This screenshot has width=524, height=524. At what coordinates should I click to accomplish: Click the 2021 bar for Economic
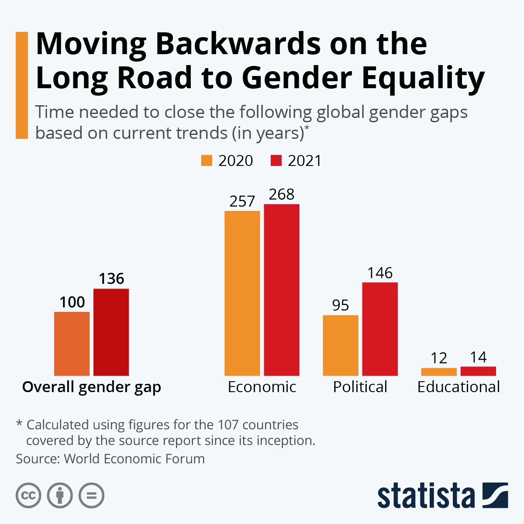282,290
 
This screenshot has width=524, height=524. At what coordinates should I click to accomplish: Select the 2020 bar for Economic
242,293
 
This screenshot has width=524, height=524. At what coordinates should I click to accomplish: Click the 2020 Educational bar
439,372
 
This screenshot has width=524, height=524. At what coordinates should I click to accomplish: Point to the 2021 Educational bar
478,371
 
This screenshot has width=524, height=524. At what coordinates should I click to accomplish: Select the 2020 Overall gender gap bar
72,344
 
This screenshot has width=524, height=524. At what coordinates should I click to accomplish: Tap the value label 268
282,194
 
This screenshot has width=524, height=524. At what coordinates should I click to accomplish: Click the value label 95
341,305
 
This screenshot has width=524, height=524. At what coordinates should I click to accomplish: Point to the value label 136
111,279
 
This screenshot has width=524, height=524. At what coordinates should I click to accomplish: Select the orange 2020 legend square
207,160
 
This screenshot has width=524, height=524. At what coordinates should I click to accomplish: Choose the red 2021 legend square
276,160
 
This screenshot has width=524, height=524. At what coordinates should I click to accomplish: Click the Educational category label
458,387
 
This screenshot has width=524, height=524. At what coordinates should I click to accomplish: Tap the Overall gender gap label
92,387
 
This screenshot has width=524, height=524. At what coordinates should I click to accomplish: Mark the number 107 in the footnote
228,424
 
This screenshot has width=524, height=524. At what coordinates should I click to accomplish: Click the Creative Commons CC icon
29,496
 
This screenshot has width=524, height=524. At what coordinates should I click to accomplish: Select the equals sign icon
92,496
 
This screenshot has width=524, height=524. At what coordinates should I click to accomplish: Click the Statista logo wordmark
426,496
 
